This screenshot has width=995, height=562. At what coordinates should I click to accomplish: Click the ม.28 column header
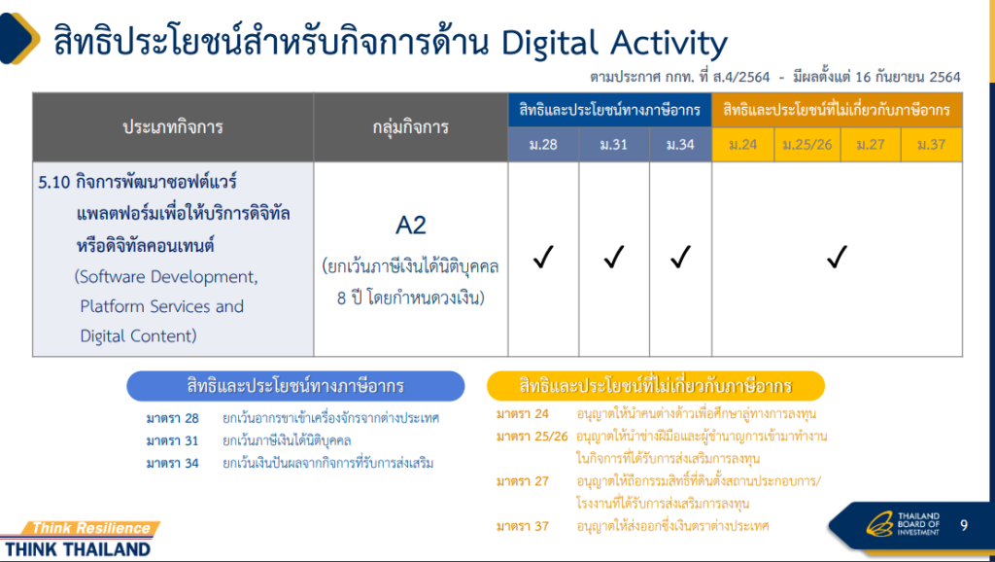click(543, 145)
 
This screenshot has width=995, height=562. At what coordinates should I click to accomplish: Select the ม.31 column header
click(614, 145)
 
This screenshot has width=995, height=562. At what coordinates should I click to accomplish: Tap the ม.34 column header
click(680, 145)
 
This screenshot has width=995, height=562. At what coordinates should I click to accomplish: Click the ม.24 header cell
click(743, 145)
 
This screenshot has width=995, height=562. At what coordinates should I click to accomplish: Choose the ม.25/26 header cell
click(807, 145)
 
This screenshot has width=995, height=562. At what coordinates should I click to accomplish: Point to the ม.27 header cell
click(871, 145)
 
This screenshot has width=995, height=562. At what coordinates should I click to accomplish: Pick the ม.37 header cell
click(932, 145)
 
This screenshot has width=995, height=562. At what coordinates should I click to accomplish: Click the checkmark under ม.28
click(543, 258)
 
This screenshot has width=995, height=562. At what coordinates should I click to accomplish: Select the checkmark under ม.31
click(614, 258)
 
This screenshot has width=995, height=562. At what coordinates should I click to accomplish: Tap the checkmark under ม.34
click(680, 258)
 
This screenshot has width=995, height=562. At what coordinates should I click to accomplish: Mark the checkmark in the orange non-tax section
click(837, 258)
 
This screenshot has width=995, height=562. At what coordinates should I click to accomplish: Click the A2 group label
click(411, 226)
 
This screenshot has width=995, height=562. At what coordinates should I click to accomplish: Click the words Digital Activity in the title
click(614, 43)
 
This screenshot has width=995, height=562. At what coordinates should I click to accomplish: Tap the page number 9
click(964, 525)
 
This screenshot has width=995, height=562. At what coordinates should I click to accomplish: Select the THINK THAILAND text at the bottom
click(78, 549)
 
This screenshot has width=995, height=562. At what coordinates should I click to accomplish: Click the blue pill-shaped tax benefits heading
click(295, 386)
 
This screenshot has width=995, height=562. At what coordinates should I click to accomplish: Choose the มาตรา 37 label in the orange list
click(522, 526)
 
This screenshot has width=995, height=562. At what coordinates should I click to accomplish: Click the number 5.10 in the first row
click(54, 182)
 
